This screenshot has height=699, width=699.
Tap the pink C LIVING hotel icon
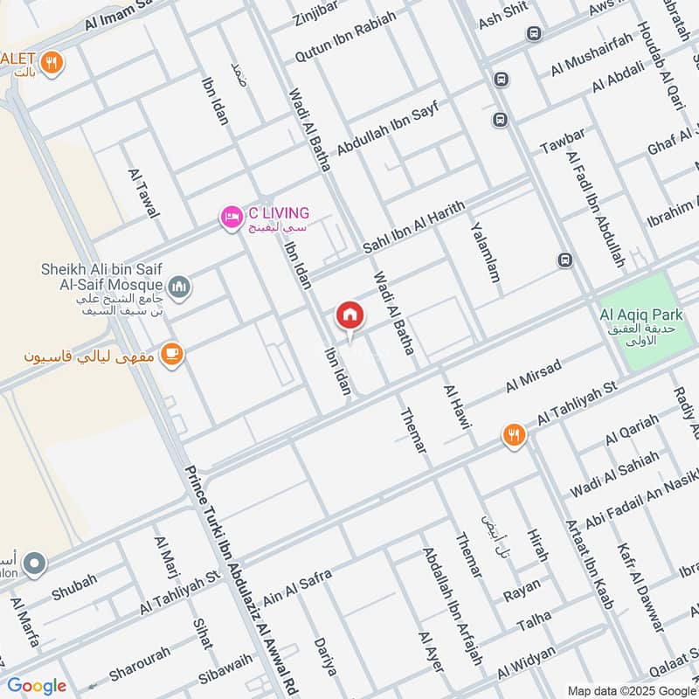[x=232, y=215]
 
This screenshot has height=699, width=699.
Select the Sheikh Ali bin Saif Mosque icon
[x=179, y=286]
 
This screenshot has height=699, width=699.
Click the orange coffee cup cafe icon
[x=172, y=355]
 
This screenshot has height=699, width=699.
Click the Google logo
[x=37, y=686]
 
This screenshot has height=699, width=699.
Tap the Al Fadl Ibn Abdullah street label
[x=596, y=210]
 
